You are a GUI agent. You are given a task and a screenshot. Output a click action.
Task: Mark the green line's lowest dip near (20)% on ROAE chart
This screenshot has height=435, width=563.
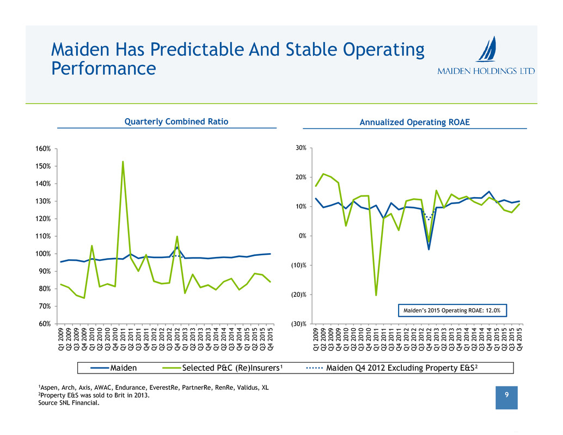click(x=376, y=295)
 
